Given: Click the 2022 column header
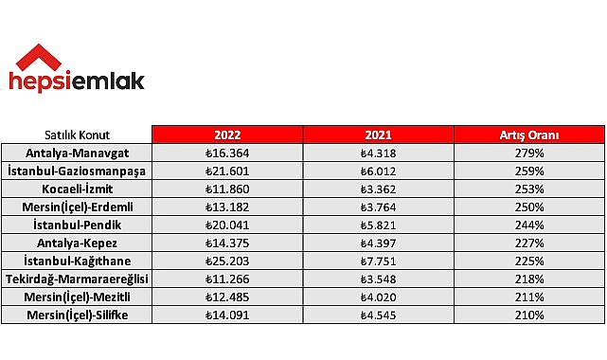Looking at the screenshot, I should click(x=227, y=135).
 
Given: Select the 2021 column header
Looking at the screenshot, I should click(x=379, y=135).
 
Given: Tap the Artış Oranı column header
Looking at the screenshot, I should click(x=529, y=135).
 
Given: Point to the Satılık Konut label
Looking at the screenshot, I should click(x=78, y=135).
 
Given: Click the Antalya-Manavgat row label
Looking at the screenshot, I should click(x=78, y=152).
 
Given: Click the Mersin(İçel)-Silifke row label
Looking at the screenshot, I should click(x=78, y=315).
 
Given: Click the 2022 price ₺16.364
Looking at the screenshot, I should click(x=227, y=152).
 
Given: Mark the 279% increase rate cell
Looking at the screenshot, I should click(x=529, y=152).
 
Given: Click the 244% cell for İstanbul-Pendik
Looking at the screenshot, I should click(x=529, y=225).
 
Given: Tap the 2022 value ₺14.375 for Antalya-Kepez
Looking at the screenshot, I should click(x=227, y=243).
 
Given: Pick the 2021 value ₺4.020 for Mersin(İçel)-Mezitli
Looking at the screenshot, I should click(x=379, y=297).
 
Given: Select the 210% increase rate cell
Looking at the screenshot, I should click(x=529, y=315).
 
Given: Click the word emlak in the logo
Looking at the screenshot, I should click(x=108, y=82).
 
